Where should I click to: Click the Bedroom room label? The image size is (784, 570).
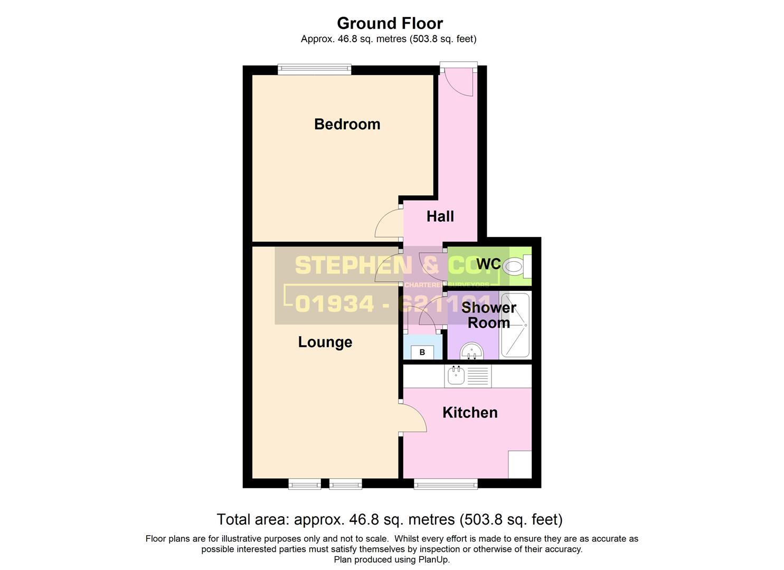click(x=347, y=124)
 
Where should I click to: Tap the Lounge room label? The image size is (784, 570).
click(x=325, y=342)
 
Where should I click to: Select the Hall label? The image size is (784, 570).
click(x=440, y=216)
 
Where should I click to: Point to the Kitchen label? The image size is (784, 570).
click(x=470, y=412)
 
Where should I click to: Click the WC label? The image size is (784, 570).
click(x=488, y=263)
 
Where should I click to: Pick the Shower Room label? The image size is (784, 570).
click(x=488, y=315)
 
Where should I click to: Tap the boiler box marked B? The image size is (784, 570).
click(x=422, y=352)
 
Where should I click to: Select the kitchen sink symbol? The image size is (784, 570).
click(x=456, y=375)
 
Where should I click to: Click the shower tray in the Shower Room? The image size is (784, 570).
click(x=515, y=325)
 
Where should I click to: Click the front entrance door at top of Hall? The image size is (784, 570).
click(x=458, y=80)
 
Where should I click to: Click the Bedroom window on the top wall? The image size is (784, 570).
click(x=315, y=69)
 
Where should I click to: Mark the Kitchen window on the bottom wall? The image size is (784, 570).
click(x=446, y=483)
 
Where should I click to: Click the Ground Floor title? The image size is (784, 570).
click(x=390, y=23)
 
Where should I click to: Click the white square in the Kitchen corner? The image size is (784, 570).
click(x=519, y=464)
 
